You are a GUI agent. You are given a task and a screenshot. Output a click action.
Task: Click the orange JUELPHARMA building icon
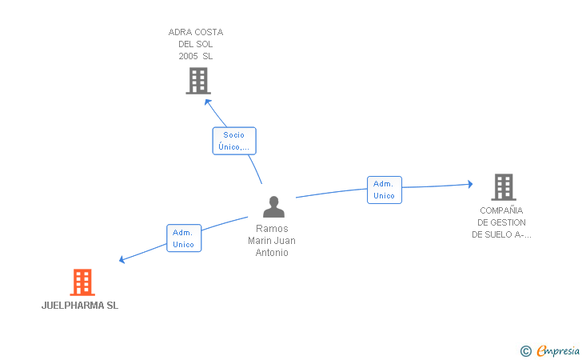[x=82, y=282]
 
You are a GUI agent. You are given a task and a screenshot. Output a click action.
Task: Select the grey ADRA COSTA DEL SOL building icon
[x=197, y=81]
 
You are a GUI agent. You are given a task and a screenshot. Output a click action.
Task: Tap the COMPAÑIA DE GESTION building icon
[x=503, y=187]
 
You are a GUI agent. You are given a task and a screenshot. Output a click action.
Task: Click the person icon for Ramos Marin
[x=273, y=207]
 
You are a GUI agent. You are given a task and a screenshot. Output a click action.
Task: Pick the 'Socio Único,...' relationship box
[x=234, y=141]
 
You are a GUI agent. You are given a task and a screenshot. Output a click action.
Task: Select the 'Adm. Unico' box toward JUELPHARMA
[x=184, y=238]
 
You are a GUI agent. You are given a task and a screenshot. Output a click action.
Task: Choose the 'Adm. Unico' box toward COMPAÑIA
[x=384, y=190]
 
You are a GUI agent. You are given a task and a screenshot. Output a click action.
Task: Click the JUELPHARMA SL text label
[x=80, y=306]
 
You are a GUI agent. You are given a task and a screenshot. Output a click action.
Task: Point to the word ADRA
[x=181, y=33]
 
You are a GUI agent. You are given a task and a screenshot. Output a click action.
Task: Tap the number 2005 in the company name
[x=189, y=57]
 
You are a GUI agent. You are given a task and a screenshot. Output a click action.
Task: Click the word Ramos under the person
[x=272, y=229]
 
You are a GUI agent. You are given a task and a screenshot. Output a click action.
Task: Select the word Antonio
[x=272, y=253]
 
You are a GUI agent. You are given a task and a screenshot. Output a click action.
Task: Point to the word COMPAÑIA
[x=501, y=210]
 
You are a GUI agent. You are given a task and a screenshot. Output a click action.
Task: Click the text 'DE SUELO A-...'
[x=501, y=234]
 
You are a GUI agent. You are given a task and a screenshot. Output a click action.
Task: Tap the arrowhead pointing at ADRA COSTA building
[x=207, y=101]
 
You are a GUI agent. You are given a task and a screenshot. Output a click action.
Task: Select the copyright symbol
[x=525, y=350]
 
